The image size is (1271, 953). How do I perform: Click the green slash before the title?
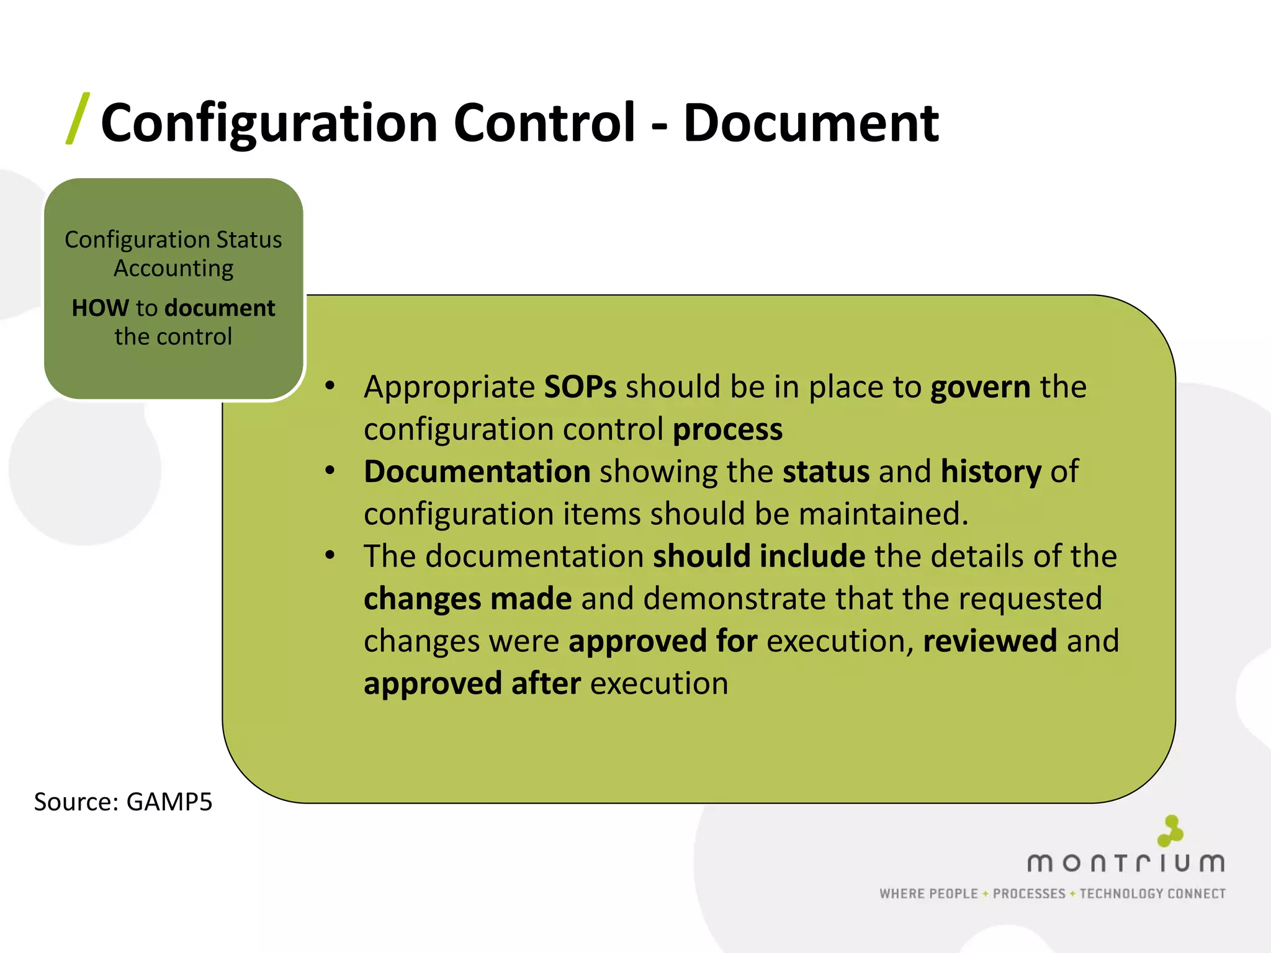(78, 119)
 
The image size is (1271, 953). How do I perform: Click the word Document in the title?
(811, 123)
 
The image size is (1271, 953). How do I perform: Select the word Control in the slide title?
(544, 123)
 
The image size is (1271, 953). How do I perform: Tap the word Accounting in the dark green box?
(174, 269)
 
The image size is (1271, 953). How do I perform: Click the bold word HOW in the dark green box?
(100, 308)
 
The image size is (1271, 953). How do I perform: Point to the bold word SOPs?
(580, 387)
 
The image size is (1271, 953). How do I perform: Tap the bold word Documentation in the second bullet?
(477, 472)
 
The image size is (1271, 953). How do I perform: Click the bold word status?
(825, 472)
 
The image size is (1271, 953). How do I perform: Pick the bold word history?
(990, 472)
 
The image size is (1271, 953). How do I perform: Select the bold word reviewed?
(990, 641)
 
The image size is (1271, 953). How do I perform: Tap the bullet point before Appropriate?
(330, 386)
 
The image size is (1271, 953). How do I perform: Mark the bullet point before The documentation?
(330, 555)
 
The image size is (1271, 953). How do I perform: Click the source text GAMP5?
(169, 802)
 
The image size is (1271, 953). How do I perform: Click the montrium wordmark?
(1126, 863)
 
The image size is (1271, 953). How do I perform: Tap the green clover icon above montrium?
(1170, 831)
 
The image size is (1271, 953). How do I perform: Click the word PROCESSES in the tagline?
(1029, 894)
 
